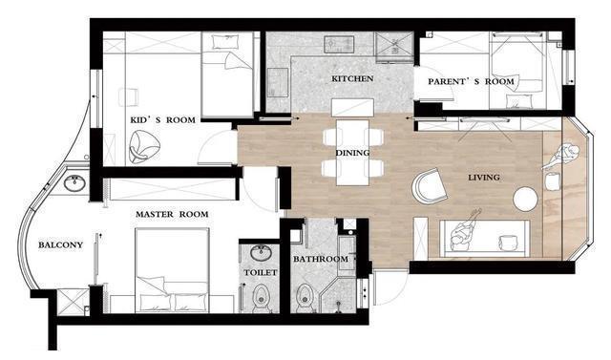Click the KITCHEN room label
click(352, 78)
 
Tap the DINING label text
click(352, 153)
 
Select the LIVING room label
click(484, 178)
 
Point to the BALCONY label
click(60, 245)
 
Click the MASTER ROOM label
click(172, 214)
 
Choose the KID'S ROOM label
click(163, 119)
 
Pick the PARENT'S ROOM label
click(471, 81)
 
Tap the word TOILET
click(261, 272)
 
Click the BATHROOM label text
click(321, 259)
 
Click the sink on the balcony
click(74, 183)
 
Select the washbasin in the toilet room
click(261, 253)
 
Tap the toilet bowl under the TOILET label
click(261, 298)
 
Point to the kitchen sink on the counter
click(339, 44)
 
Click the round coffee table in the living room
click(525, 199)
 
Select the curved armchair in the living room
click(429, 186)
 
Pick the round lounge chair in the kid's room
click(144, 146)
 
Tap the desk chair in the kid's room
click(128, 97)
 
